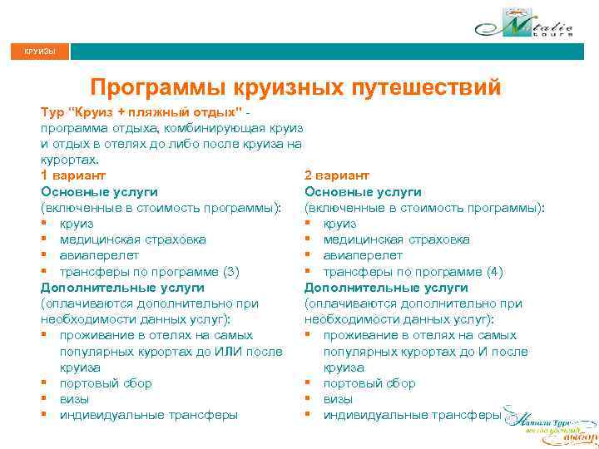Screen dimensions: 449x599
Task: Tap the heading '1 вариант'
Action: [x=73, y=175]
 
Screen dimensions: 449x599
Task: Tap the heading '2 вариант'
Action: [x=338, y=175]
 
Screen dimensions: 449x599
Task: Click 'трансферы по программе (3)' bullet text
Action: [x=149, y=272]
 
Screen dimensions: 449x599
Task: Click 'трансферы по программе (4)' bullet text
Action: [x=413, y=272]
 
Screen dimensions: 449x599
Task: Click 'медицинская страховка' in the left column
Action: [x=133, y=239]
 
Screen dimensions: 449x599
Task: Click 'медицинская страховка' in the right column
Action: [x=397, y=239]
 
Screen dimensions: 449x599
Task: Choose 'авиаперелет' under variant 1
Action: [x=99, y=255]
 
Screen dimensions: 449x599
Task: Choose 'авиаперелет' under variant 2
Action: [x=363, y=255]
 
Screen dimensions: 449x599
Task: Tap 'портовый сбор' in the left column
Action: [x=106, y=383]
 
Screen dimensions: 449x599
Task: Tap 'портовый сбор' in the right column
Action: [x=369, y=383]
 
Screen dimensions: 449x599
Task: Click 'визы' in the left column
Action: [x=74, y=399]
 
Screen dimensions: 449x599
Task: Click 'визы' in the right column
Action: [x=338, y=399]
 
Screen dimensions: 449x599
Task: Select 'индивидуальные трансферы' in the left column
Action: [x=148, y=415]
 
